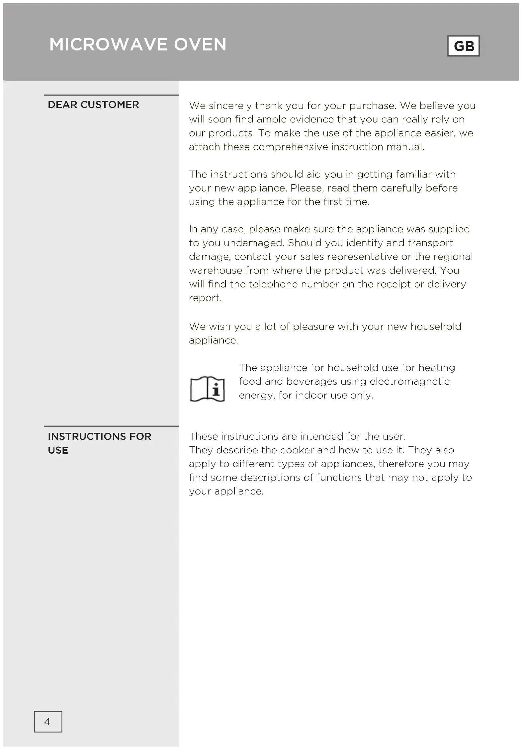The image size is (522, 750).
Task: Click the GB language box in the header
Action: [x=463, y=46]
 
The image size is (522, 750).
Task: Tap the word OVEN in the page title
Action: [x=200, y=44]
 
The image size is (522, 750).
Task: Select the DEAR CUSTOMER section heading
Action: [x=93, y=105]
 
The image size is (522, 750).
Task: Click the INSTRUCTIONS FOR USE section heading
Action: [x=99, y=443]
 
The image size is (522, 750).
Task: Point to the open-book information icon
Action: [x=207, y=389]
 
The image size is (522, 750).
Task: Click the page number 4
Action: [x=47, y=721]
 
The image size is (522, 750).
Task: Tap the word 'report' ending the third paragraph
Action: [x=204, y=298]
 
